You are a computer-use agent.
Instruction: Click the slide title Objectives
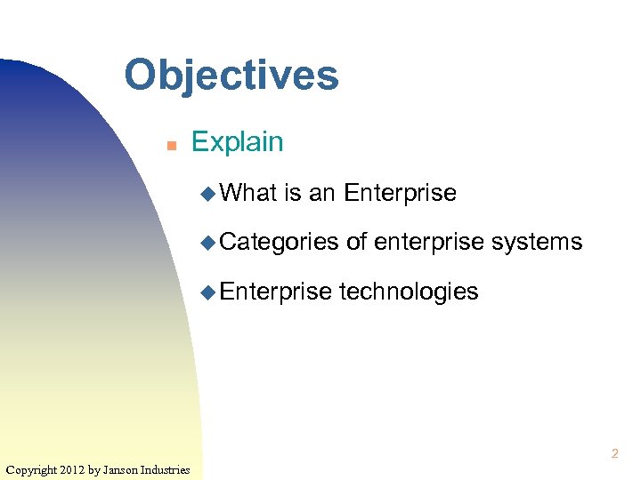pyautogui.click(x=231, y=76)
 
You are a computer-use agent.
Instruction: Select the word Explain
pyautogui.click(x=237, y=142)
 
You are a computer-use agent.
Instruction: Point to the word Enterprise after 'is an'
pyautogui.click(x=400, y=192)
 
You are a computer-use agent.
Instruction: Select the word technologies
pyautogui.click(x=410, y=291)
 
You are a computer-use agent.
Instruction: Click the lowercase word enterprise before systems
pyautogui.click(x=429, y=242)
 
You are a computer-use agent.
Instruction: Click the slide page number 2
pyautogui.click(x=613, y=454)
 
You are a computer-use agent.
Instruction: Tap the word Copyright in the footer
pyautogui.click(x=32, y=469)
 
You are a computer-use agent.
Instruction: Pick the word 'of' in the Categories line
pyautogui.click(x=356, y=242)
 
